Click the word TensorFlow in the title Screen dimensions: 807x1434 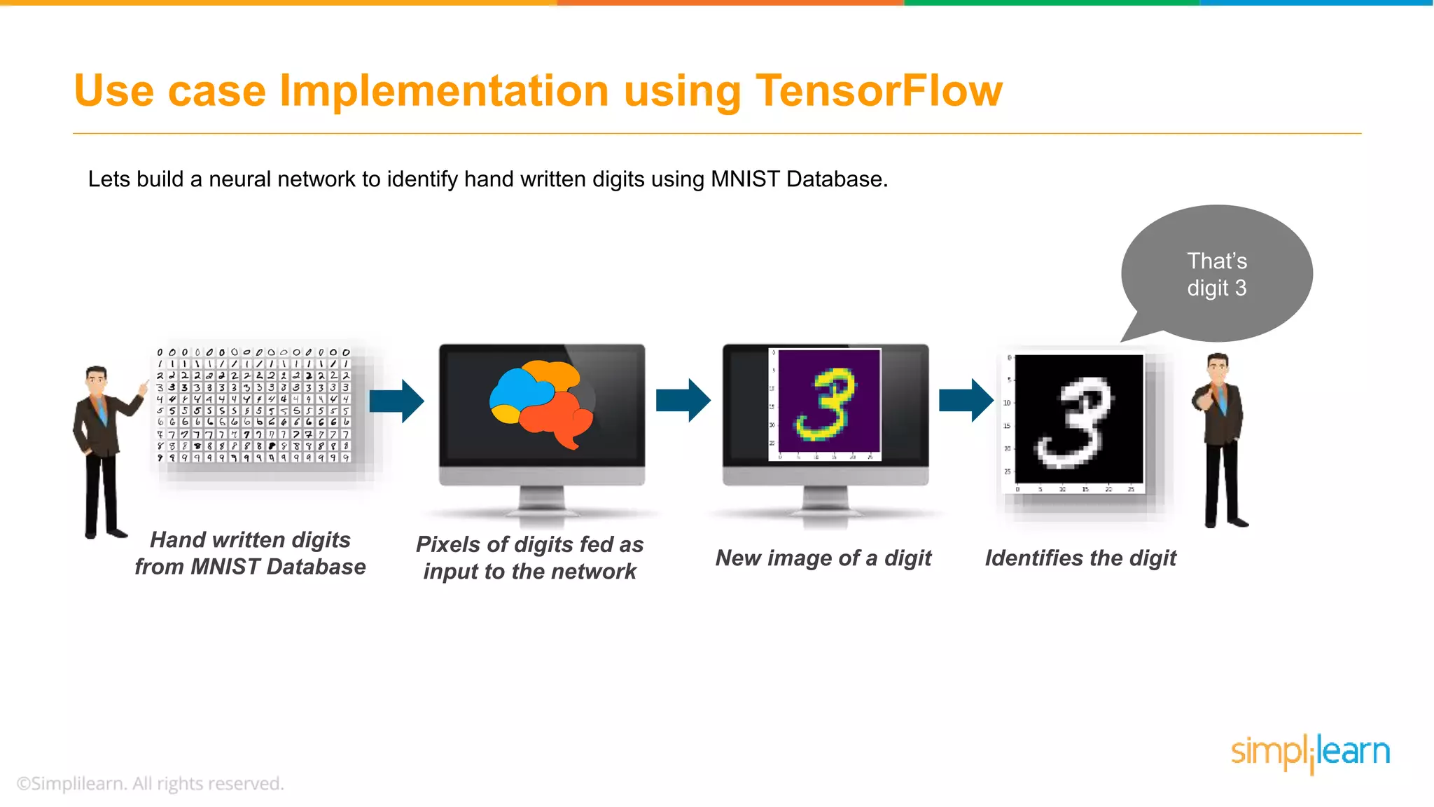click(x=878, y=91)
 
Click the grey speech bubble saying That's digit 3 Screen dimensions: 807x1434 click(x=1217, y=274)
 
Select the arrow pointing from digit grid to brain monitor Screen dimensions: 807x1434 click(x=397, y=401)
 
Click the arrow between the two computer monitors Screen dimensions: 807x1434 click(x=683, y=401)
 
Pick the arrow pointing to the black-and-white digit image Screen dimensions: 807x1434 click(x=966, y=401)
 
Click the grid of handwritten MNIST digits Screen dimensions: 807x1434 click(x=253, y=405)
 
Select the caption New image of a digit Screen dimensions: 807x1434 click(x=823, y=558)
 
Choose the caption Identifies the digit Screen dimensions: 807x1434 click(x=1080, y=558)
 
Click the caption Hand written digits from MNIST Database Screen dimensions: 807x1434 click(x=250, y=553)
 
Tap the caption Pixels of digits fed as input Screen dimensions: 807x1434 click(x=530, y=558)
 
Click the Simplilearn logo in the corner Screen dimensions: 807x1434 click(x=1310, y=753)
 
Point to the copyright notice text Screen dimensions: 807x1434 click(x=151, y=784)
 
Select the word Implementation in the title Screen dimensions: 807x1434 click(x=444, y=91)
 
